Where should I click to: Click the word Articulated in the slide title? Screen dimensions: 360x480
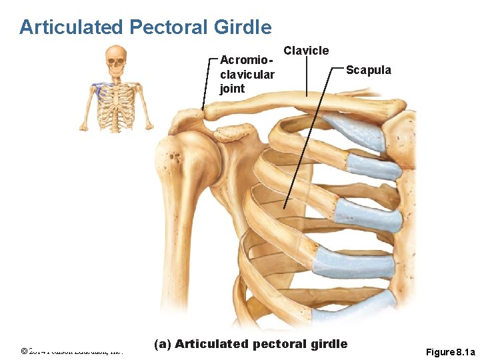[x=72, y=27]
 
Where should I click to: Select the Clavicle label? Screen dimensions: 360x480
[x=306, y=51]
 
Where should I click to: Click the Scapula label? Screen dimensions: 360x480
[x=369, y=70]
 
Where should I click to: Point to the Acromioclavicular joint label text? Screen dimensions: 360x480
[x=247, y=73]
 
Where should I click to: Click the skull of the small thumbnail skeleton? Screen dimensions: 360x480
[x=116, y=59]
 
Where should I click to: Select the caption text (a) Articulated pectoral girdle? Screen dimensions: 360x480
[x=251, y=344]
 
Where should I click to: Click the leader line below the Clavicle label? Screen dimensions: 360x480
[x=306, y=77]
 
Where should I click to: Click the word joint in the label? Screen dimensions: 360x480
[x=232, y=89]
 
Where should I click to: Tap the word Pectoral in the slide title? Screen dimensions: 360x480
[x=169, y=27]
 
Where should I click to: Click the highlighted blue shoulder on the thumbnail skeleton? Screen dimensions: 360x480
[x=99, y=87]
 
